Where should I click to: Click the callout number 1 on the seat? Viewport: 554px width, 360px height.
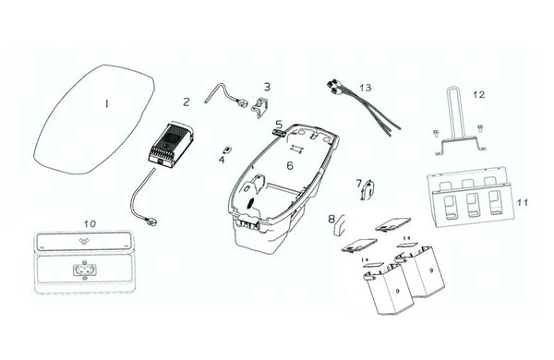point(106,103)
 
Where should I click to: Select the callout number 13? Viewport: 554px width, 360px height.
point(366,88)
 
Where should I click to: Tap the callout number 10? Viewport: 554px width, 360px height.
point(90,223)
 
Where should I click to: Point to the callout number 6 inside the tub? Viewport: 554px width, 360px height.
point(290,165)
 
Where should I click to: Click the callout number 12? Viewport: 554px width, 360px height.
point(479,94)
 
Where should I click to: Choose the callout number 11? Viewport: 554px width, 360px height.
point(523,203)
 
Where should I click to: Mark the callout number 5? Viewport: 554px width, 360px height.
point(279,125)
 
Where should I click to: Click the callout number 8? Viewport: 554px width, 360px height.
point(331,219)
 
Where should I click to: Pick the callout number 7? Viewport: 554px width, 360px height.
point(359,183)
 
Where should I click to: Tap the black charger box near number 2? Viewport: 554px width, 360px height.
point(170,145)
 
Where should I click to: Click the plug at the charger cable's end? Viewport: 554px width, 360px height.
point(153,222)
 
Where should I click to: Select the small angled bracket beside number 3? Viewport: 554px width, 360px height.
point(260,108)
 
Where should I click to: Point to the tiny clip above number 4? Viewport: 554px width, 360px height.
point(228,149)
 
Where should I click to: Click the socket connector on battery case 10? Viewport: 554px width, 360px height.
point(84,270)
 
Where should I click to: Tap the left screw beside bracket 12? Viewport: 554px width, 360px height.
point(436,133)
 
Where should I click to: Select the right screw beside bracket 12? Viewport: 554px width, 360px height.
point(480,128)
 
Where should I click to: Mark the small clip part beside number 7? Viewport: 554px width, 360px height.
point(367,190)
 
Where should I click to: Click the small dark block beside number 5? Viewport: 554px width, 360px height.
point(279,133)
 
